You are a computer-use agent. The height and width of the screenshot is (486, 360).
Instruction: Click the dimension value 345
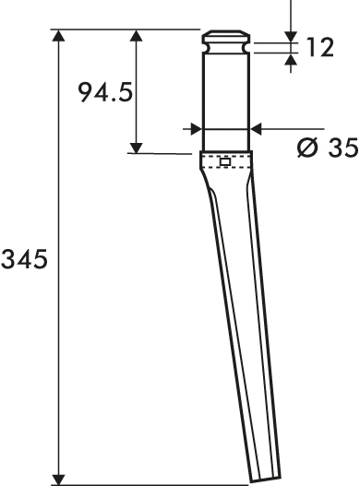(x=24, y=259)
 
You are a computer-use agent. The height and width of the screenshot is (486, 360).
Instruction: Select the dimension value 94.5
(x=105, y=92)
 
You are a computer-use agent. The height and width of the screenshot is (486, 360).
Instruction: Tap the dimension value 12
(x=319, y=47)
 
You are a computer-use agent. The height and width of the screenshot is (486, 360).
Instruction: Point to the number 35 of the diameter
(x=343, y=148)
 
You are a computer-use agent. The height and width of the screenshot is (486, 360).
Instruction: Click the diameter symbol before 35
(x=307, y=148)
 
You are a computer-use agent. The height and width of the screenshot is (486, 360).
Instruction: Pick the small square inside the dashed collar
(x=225, y=161)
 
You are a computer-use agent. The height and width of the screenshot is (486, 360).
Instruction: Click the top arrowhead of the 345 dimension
(x=58, y=35)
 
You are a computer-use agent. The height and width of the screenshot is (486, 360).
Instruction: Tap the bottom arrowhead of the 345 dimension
(x=58, y=480)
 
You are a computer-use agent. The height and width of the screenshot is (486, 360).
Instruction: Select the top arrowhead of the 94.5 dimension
(x=136, y=35)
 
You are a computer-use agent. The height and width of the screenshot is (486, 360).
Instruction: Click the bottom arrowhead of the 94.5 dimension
(x=136, y=148)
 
